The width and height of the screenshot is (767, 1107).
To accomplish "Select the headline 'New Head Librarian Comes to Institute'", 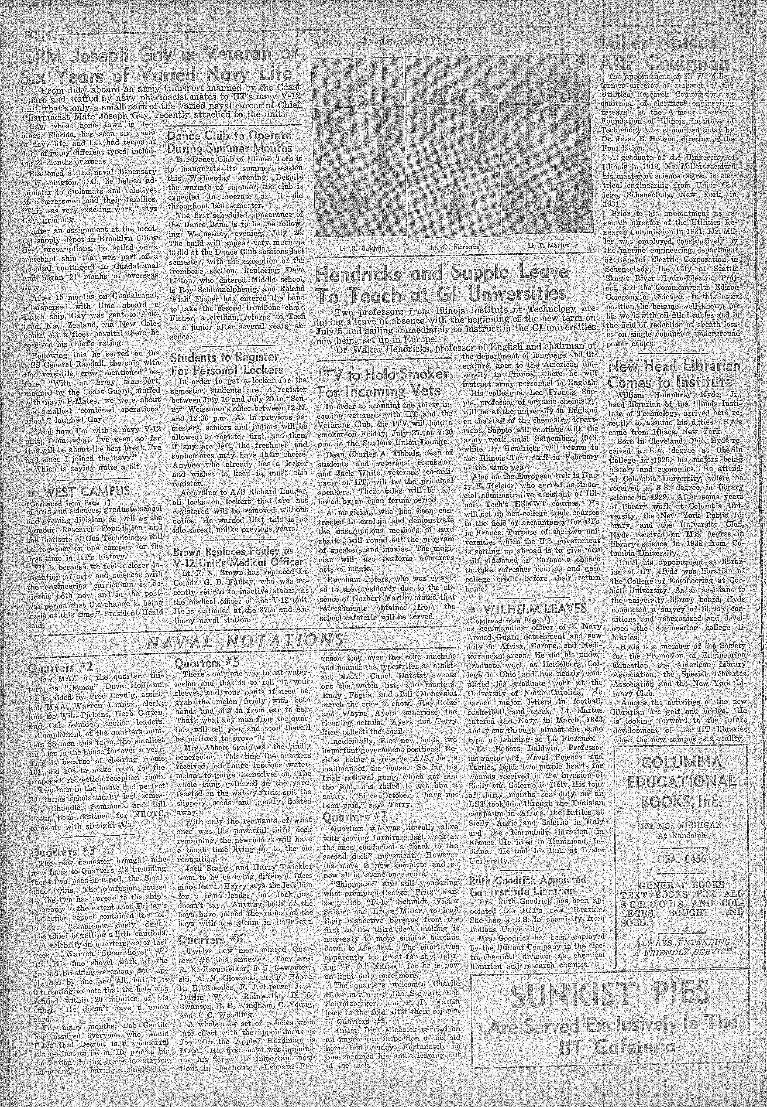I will [x=674, y=374].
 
